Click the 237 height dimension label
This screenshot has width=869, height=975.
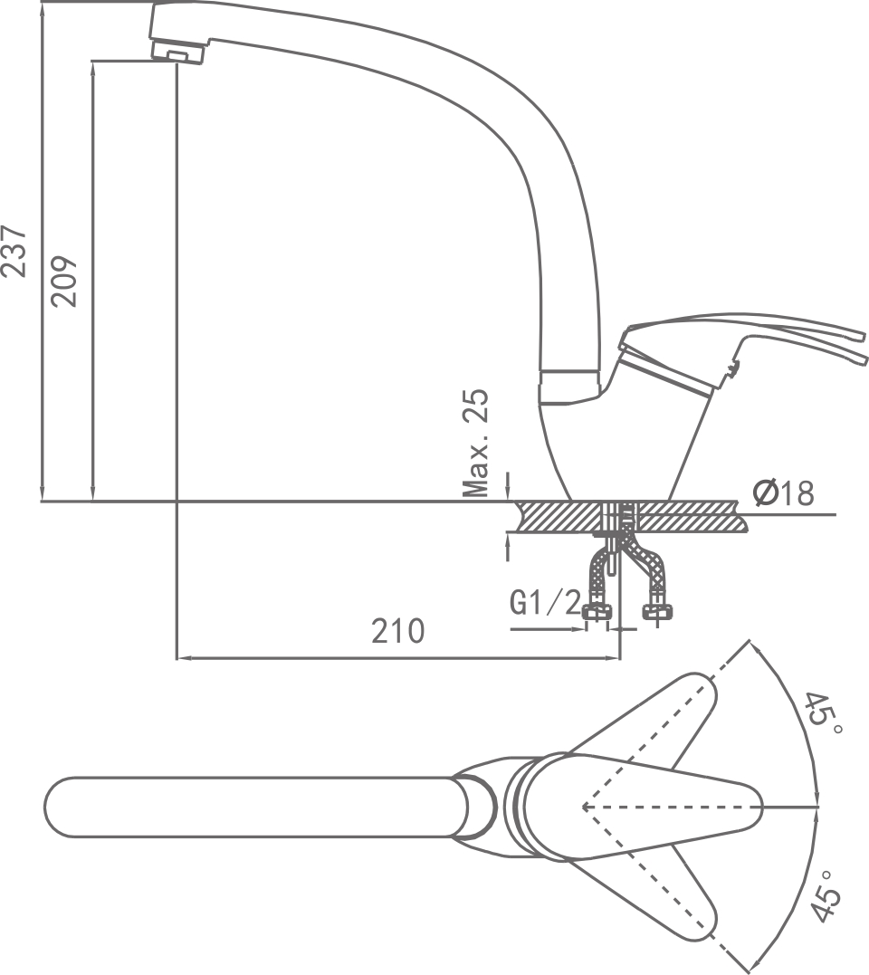pos(15,250)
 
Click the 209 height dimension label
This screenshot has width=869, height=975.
pos(65,282)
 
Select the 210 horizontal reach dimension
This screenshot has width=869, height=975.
pos(397,630)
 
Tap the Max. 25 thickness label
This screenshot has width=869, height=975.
pos(476,443)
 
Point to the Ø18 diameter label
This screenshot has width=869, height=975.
pos(783,494)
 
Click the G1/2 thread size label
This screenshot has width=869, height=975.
pos(544,603)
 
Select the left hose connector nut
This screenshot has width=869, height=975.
pos(597,613)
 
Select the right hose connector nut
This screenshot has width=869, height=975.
pos(658,613)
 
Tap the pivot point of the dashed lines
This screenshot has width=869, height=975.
pos(584,806)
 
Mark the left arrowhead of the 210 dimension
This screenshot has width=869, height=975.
pos(181,658)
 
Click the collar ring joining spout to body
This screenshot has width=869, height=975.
pos(569,385)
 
